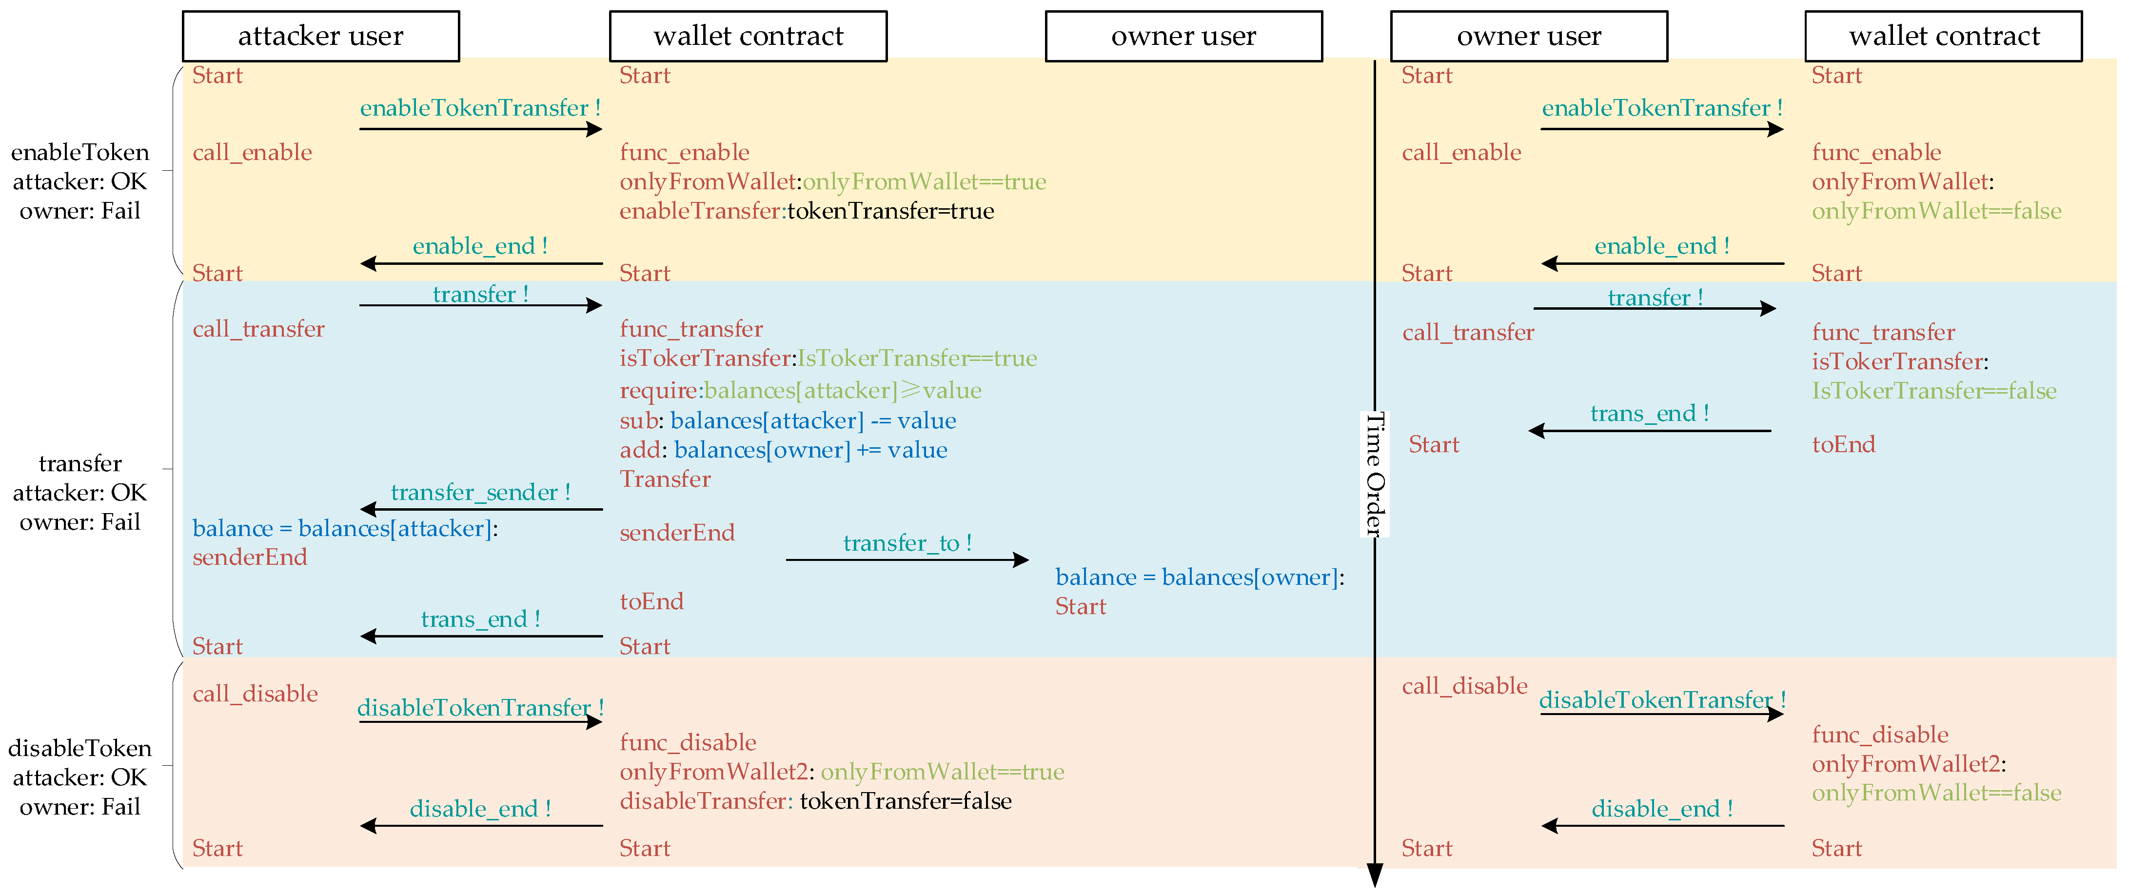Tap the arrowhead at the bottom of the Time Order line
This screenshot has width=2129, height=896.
1375,875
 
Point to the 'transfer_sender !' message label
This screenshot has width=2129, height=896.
480,493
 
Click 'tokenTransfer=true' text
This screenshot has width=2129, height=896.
890,212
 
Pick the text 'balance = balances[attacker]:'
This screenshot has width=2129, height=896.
345,528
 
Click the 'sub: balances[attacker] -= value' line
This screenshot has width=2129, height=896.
788,421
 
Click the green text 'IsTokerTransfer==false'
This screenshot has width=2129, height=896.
1934,391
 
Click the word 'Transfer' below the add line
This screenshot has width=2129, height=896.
665,479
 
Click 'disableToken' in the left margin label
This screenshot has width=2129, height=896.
80,749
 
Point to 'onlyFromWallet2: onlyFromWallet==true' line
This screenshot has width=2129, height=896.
841,772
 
